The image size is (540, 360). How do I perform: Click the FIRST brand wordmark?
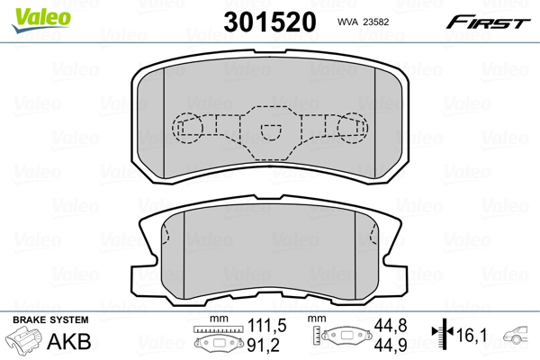(491, 22)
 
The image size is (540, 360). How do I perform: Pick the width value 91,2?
(265, 344)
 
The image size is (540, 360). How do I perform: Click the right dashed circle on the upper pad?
(353, 129)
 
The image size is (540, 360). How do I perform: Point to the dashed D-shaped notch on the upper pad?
(269, 130)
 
